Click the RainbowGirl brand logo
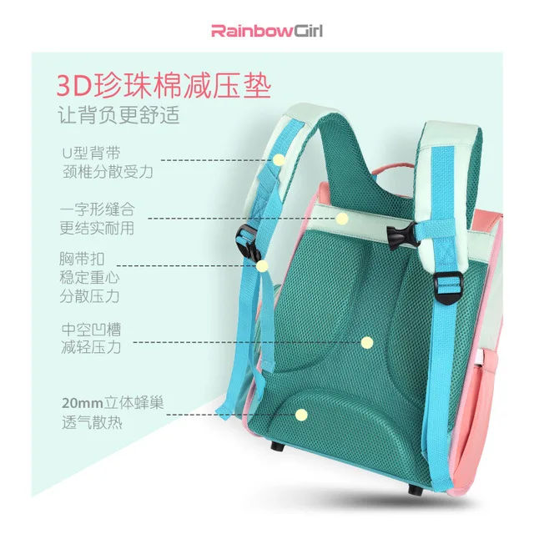[266, 33]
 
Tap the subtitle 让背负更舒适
[118, 115]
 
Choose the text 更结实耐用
[97, 228]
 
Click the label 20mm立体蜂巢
[112, 403]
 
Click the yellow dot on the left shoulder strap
[280, 159]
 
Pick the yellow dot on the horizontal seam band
[341, 219]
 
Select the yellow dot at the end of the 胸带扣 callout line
[262, 266]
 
